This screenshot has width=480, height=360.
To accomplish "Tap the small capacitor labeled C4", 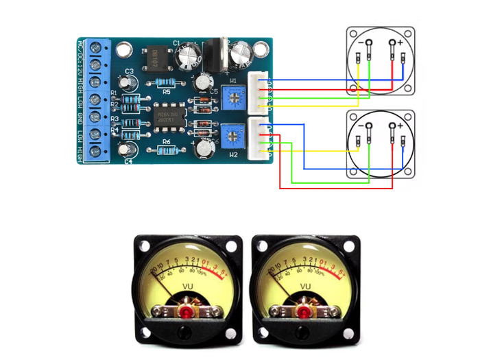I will tap(125, 149).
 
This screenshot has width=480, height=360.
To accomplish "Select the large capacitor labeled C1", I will tap(188, 57).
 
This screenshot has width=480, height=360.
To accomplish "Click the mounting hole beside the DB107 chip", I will tap(123, 50).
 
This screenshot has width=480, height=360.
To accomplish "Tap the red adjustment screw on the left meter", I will tap(187, 312).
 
